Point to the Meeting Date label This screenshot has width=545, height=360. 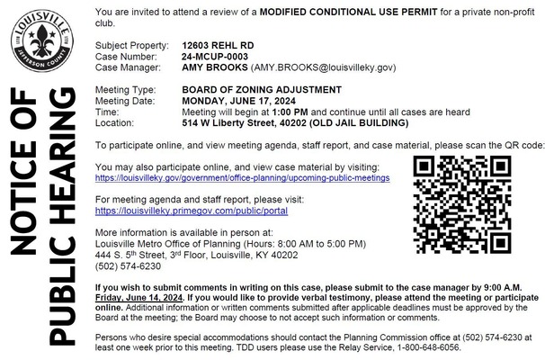[x=127, y=101]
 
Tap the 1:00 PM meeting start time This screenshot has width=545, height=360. [x=289, y=112]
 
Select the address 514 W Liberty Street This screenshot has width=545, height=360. [x=233, y=122]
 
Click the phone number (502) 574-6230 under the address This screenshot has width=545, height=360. [x=127, y=266]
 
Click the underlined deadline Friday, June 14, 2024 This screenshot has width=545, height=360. [x=138, y=295]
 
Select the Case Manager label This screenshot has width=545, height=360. [x=128, y=67]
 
